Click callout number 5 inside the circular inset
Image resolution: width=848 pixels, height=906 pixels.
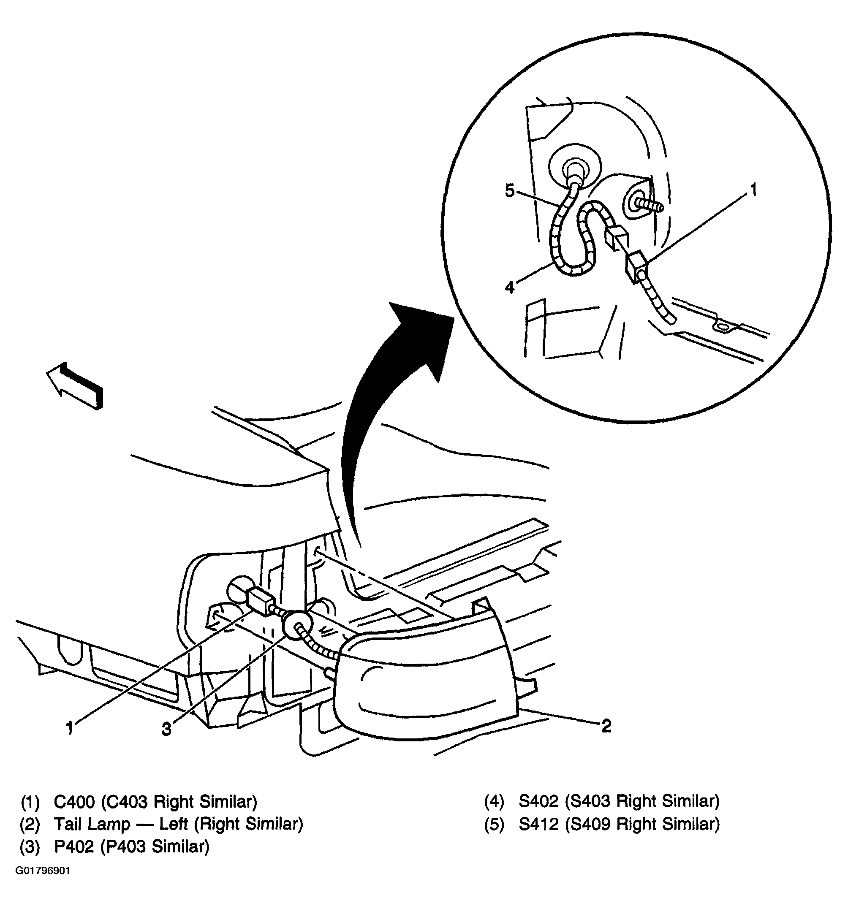pos(510,190)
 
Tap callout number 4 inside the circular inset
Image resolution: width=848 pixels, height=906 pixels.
pos(510,287)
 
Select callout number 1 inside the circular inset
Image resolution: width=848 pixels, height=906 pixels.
pos(754,190)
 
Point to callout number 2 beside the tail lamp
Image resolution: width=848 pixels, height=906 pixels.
pos(606,726)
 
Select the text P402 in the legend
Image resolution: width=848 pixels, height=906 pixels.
pos(74,846)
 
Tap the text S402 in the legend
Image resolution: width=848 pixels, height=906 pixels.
pos(538,801)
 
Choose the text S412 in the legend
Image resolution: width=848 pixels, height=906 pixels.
pos(538,824)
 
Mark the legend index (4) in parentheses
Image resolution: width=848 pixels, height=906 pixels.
pos(494,801)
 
